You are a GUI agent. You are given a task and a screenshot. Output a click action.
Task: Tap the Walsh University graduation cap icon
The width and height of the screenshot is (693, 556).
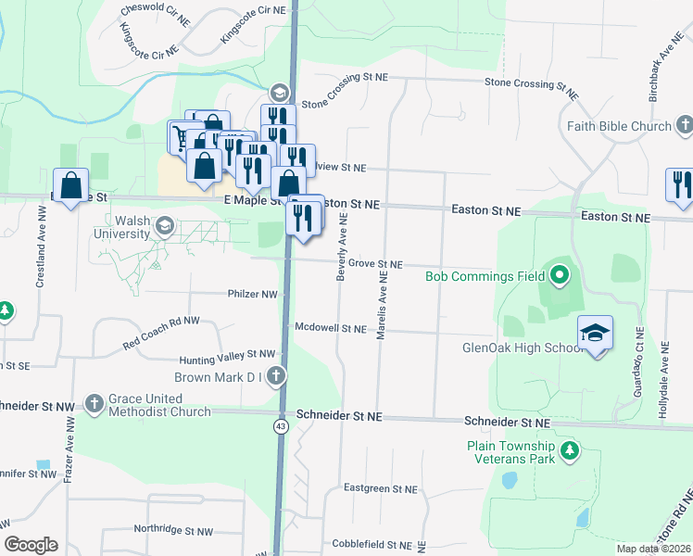(x=165, y=225)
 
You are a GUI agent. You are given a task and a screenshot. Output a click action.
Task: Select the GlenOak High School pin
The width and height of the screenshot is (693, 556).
(x=595, y=333)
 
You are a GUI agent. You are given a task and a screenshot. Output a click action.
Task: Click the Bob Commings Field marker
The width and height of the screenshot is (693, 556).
(x=559, y=275)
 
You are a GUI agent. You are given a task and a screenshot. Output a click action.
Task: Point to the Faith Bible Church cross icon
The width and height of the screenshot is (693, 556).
(x=685, y=125)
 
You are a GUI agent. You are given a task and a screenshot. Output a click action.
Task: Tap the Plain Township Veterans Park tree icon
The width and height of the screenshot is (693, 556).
(x=570, y=451)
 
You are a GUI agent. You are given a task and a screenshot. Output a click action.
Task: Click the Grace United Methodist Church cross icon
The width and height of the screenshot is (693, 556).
(x=94, y=404)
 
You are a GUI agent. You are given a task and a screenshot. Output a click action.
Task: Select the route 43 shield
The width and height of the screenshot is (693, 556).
(x=280, y=425)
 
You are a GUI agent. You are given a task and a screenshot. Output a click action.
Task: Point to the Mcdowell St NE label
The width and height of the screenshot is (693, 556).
(x=331, y=328)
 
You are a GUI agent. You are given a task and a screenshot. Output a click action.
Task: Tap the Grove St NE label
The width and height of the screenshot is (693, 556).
(x=375, y=265)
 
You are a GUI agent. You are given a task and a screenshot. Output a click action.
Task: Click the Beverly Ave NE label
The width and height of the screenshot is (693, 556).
(x=342, y=246)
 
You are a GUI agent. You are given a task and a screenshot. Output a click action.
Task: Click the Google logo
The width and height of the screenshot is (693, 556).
(x=31, y=545)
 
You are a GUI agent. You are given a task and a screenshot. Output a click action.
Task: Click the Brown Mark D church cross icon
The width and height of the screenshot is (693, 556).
(x=276, y=376)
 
